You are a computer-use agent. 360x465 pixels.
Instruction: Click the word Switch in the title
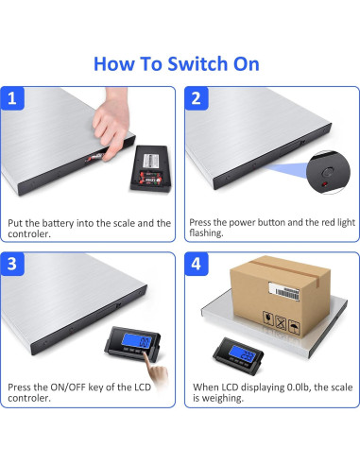(197, 64)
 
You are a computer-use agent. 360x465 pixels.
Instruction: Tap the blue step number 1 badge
(12, 98)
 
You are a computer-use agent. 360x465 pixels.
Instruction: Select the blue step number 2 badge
(197, 98)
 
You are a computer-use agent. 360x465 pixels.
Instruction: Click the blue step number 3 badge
(12, 264)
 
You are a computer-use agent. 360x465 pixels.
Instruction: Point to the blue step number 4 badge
(197, 264)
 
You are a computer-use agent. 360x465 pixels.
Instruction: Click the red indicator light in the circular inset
(324, 184)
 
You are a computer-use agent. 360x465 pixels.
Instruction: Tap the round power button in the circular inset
(328, 172)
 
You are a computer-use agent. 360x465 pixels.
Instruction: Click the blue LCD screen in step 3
(137, 341)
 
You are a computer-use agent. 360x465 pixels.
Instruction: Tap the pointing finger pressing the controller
(155, 368)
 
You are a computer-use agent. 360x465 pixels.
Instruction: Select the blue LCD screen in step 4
(243, 353)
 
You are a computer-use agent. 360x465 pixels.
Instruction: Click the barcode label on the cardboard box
(284, 291)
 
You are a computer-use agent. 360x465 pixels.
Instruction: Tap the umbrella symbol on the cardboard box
(294, 328)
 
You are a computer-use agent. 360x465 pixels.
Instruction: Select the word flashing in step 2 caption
(206, 233)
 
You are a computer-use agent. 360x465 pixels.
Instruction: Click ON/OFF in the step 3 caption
(68, 387)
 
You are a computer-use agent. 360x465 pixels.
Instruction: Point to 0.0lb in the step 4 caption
(299, 387)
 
